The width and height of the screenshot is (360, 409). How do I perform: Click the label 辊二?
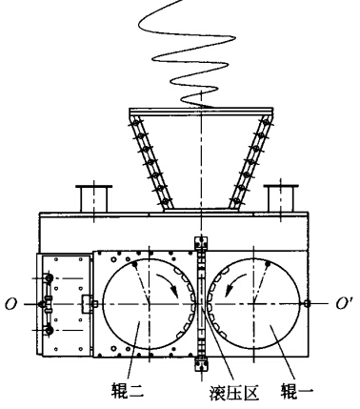coord(128,391)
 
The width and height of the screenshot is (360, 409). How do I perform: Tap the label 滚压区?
coord(234,393)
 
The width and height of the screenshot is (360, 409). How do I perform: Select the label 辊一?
coord(297,391)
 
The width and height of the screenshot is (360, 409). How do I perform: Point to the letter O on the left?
coord(10,304)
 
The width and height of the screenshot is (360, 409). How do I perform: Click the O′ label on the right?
coord(344,304)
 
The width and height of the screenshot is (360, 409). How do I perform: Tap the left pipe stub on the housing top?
coord(94,198)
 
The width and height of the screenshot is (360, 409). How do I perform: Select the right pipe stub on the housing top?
coord(281,198)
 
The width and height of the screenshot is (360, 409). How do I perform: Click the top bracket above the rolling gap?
coord(201,242)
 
